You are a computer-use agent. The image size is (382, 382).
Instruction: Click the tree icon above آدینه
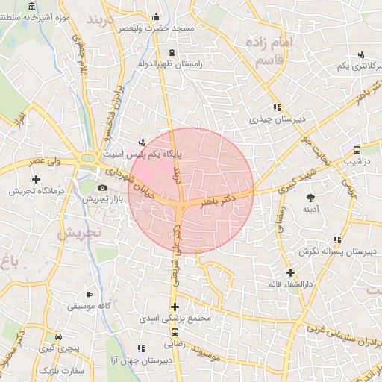coord(310,197)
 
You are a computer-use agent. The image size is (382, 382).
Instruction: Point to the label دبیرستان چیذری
coord(277,119)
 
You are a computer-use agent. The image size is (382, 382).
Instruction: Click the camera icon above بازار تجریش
coord(102,187)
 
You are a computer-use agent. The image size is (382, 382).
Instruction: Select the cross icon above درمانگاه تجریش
coord(36,179)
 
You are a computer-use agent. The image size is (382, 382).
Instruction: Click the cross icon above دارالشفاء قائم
coord(290,272)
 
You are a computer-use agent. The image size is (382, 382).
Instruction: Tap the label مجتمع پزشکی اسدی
coord(175,319)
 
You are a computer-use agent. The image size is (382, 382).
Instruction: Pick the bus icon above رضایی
coord(175,333)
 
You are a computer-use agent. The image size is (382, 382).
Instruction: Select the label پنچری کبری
coord(58,348)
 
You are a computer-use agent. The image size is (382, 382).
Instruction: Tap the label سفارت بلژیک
coord(58,370)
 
